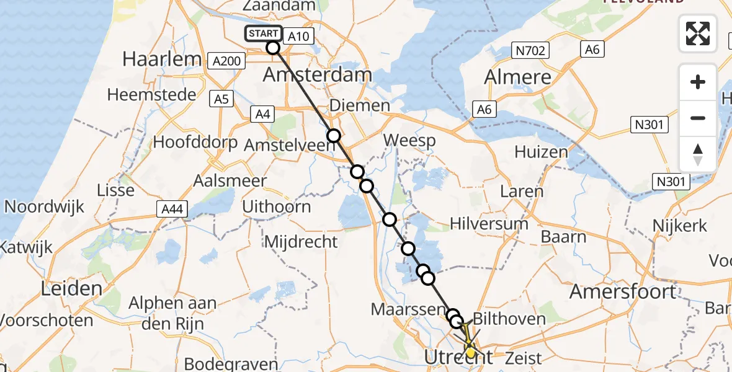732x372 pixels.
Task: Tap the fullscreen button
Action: coord(698,33)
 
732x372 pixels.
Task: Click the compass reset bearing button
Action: coord(698,154)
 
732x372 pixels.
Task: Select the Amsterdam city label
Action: coord(318,75)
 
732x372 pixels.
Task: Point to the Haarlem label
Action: coord(162,59)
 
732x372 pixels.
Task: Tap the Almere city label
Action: coord(517,77)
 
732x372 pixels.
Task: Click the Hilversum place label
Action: coord(489,223)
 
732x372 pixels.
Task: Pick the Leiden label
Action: coord(71,288)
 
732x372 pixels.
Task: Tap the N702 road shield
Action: coord(529,50)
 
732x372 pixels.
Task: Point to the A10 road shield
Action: coord(299,36)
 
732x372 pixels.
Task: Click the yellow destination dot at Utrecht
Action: coord(470,353)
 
